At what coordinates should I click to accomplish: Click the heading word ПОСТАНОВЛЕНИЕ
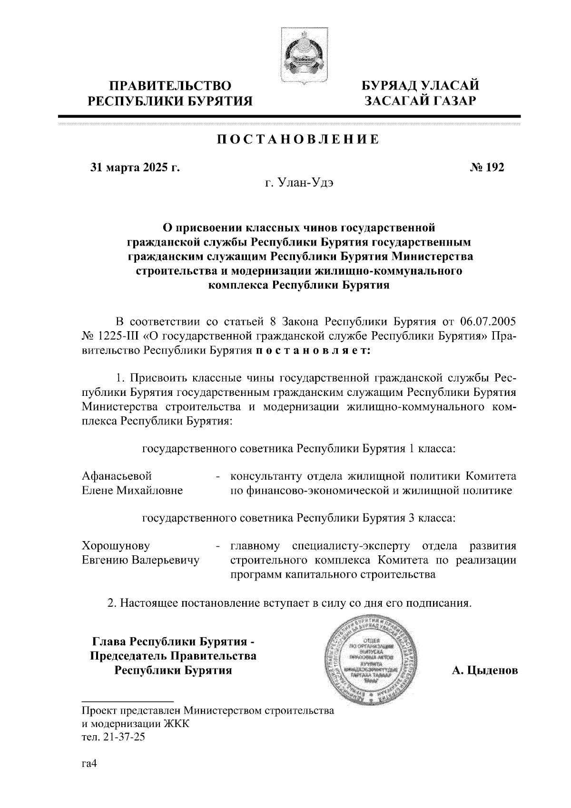298,139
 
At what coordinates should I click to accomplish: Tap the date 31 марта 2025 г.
135,167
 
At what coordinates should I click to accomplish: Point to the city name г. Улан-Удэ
299,183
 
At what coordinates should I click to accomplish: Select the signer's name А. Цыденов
484,670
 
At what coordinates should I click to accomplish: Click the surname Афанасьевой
117,476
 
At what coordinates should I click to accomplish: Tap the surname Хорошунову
116,545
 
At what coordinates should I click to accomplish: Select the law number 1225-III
118,336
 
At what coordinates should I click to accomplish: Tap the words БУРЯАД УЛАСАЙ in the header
420,86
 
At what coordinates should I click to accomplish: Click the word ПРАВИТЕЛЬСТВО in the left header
171,86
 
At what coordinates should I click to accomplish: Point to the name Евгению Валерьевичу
141,560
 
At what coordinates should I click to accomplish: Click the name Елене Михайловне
132,490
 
